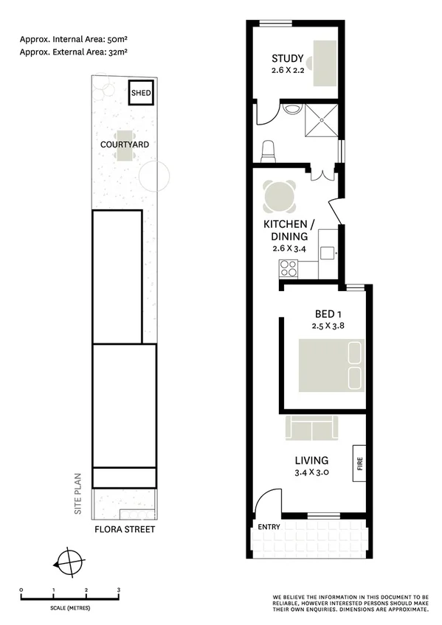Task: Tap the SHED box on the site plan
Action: [141, 93]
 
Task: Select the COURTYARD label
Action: [124, 144]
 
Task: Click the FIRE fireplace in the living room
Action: [360, 463]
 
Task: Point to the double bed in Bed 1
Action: [331, 366]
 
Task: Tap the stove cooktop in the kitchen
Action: [287, 271]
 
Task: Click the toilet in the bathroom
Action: [269, 150]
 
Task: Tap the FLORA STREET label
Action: [124, 530]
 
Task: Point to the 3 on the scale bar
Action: [119, 590]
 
